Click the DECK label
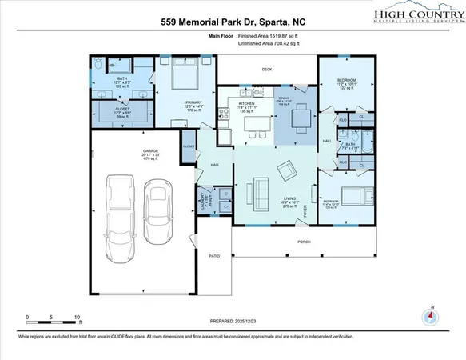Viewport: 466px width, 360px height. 266,70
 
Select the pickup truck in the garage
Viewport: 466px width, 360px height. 122,213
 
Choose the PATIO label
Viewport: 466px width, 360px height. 214,256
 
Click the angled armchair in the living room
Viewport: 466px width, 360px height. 285,170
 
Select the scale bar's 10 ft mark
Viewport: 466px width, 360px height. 78,318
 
